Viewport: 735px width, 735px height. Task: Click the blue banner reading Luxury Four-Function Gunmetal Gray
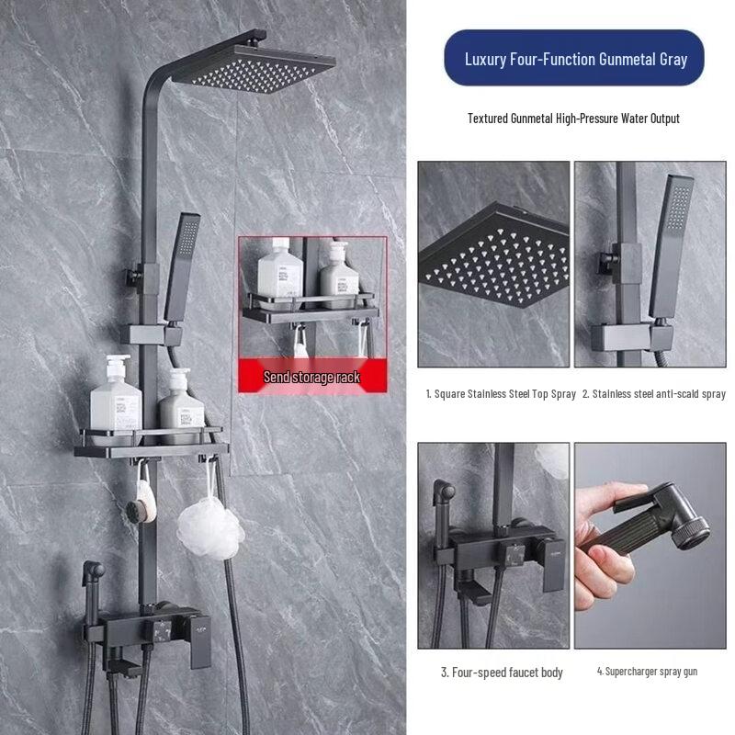point(575,59)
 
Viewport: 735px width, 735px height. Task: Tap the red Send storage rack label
point(312,377)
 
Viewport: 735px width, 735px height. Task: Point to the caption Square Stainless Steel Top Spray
point(501,394)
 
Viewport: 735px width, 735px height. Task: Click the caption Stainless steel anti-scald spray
point(653,394)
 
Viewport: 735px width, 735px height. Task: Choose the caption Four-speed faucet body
point(501,673)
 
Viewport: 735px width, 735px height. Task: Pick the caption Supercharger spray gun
point(647,672)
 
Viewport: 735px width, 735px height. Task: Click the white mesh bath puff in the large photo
point(209,527)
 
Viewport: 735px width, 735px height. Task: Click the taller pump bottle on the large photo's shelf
point(116,395)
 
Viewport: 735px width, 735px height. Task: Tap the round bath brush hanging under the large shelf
point(145,505)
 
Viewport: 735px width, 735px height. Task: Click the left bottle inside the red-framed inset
point(274,271)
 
